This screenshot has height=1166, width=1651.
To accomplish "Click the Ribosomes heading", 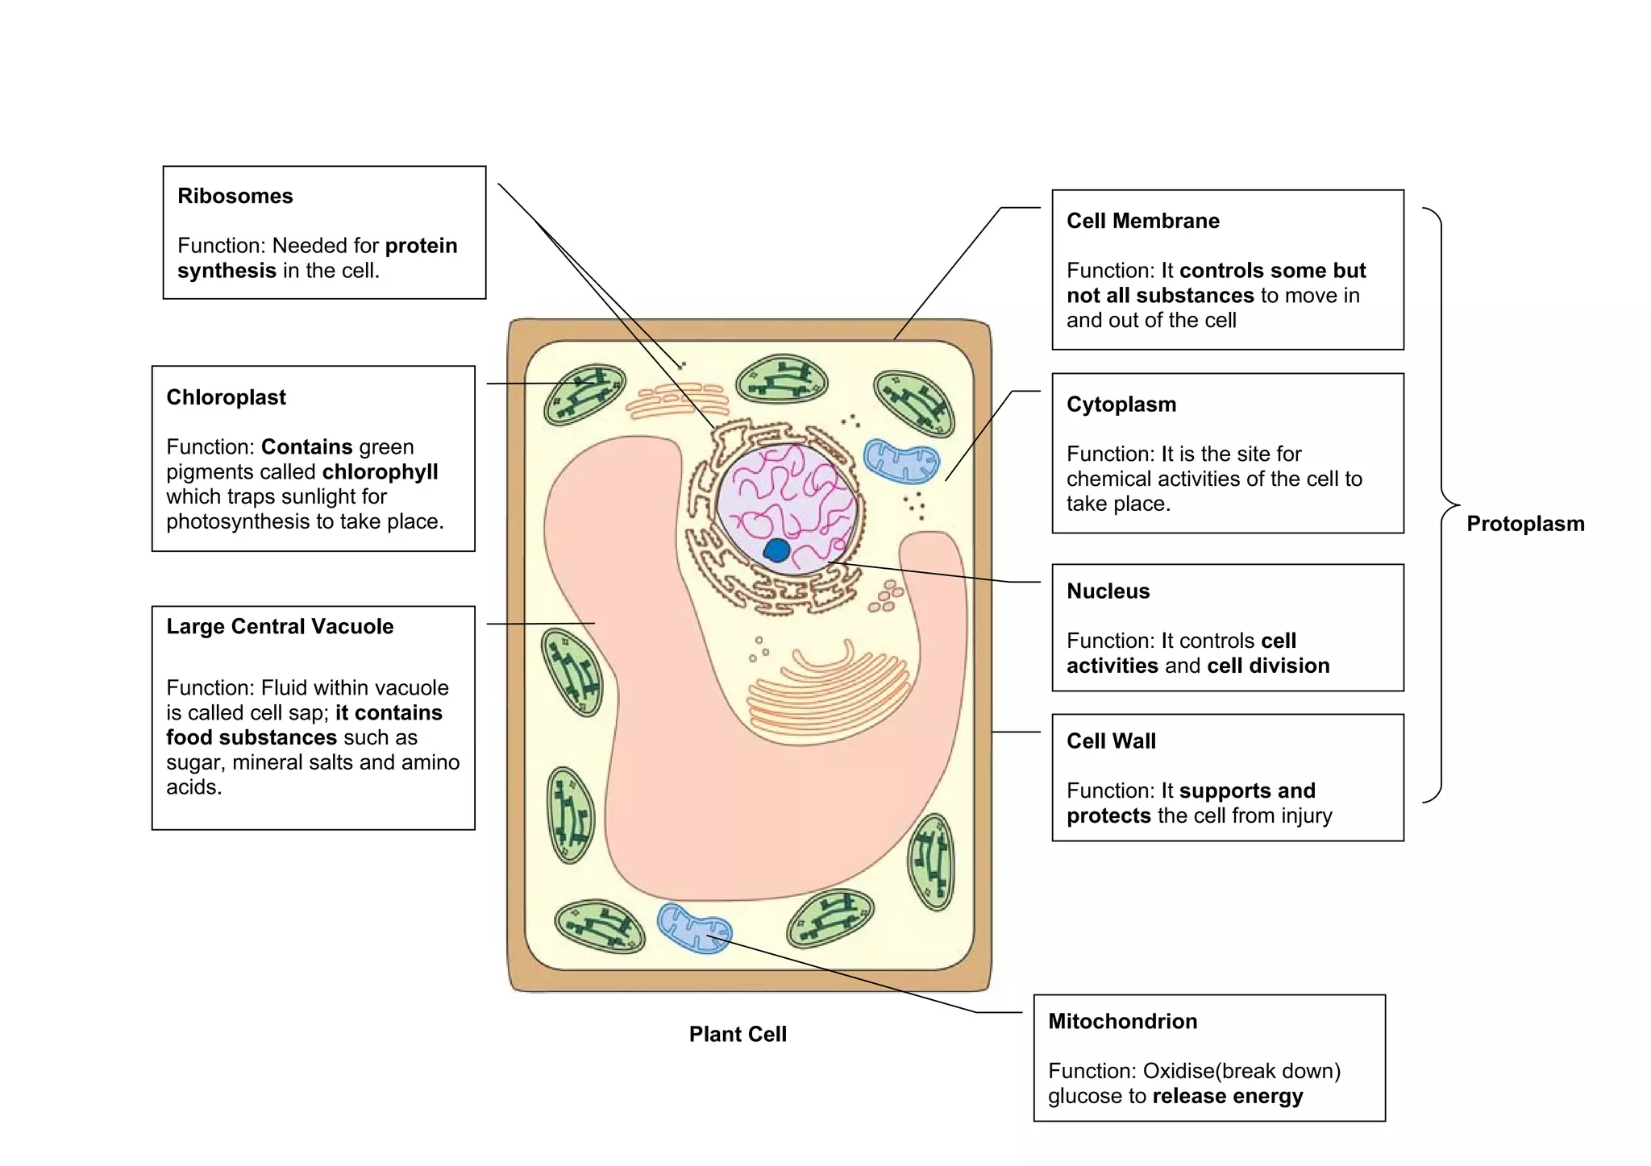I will point(235,197).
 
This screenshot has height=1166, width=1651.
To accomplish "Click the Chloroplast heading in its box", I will point(226,397).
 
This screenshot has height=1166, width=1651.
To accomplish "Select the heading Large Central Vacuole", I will point(280,626).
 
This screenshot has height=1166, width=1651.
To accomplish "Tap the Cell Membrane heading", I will point(1142,221).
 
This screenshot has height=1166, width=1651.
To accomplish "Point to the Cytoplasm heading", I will point(1121,405).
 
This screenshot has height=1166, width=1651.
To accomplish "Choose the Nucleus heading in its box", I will point(1108,591).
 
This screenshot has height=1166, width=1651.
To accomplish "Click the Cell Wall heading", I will point(1111,741).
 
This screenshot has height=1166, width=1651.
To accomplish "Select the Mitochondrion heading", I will point(1122,1022).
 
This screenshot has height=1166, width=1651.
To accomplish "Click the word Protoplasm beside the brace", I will point(1524,524).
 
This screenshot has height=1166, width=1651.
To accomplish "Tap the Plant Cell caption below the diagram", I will point(737,1035).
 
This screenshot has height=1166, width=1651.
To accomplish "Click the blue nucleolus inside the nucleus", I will point(777,550).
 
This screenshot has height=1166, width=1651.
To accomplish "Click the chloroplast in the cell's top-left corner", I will point(584,394).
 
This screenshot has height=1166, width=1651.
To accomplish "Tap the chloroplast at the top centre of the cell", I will point(782,379).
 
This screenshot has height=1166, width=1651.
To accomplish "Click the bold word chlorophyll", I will point(380,472).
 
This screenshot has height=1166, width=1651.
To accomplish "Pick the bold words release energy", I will point(1227,1097).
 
